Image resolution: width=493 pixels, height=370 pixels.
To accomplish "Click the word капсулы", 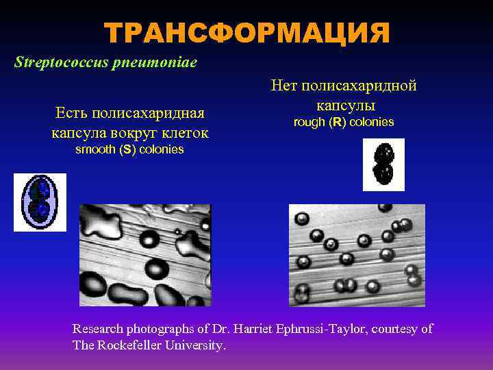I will tap(345, 106).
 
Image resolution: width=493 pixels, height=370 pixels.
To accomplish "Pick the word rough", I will tap(308, 122).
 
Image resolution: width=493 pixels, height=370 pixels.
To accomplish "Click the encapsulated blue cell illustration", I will tap(40, 202).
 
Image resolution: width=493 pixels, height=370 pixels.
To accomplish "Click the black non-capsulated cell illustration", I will tap(383, 164).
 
